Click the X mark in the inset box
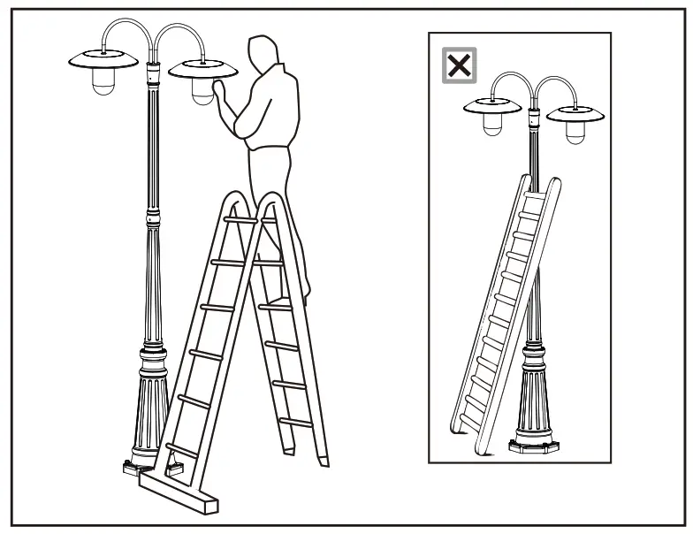tap(460, 65)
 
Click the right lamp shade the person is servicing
tap(202, 67)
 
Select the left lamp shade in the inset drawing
tap(492, 108)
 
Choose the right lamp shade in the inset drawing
tap(575, 113)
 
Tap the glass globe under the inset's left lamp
tap(492, 126)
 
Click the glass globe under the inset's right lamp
tap(575, 133)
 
